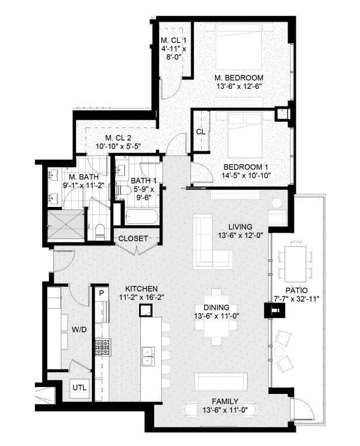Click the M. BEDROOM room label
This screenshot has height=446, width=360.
[x=238, y=77]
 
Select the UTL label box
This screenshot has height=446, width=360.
[x=78, y=387]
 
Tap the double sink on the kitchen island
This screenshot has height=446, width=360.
[x=148, y=352]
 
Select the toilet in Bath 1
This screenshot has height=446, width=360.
[x=124, y=191]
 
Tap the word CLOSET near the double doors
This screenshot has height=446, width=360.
[x=133, y=238]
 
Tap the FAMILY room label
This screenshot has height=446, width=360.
[x=224, y=401]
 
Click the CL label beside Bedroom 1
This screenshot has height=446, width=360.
[x=200, y=132]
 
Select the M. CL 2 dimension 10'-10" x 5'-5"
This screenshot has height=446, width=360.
[x=118, y=146]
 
